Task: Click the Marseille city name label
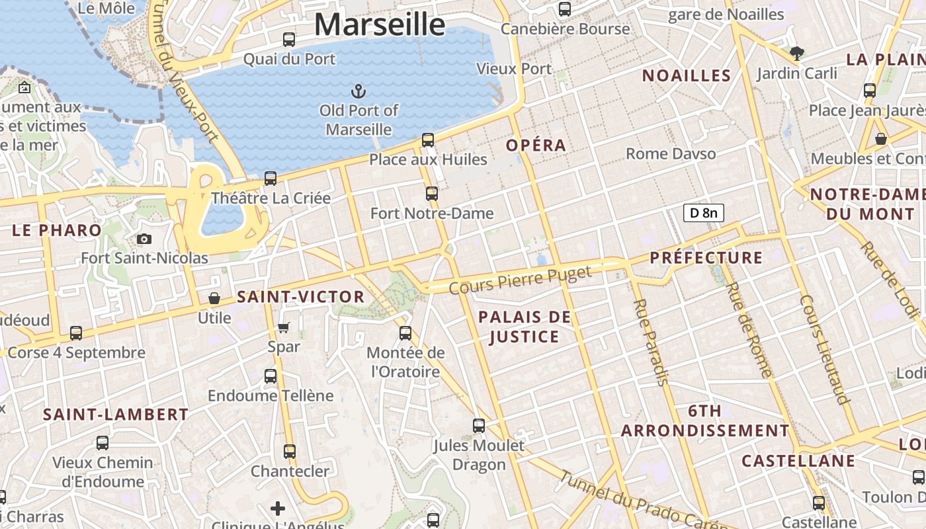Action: pyautogui.click(x=380, y=24)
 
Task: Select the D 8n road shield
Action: pyautogui.click(x=703, y=213)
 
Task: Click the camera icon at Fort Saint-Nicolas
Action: pyautogui.click(x=144, y=239)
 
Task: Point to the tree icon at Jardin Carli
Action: pyautogui.click(x=797, y=54)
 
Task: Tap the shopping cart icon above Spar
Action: pyautogui.click(x=284, y=327)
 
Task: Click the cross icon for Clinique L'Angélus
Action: pyautogui.click(x=278, y=509)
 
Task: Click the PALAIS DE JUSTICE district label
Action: pyautogui.click(x=525, y=327)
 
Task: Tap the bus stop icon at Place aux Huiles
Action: pyautogui.click(x=428, y=140)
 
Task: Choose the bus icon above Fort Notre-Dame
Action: pyautogui.click(x=432, y=194)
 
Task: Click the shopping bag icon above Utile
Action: pyautogui.click(x=214, y=298)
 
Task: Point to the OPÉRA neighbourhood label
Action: pyautogui.click(x=536, y=145)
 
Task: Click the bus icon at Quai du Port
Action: pyautogui.click(x=289, y=40)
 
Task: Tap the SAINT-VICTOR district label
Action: pyautogui.click(x=300, y=298)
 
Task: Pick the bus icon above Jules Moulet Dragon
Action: pyautogui.click(x=479, y=426)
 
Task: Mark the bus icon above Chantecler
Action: pyautogui.click(x=290, y=452)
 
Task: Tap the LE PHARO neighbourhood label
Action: pyautogui.click(x=57, y=230)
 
